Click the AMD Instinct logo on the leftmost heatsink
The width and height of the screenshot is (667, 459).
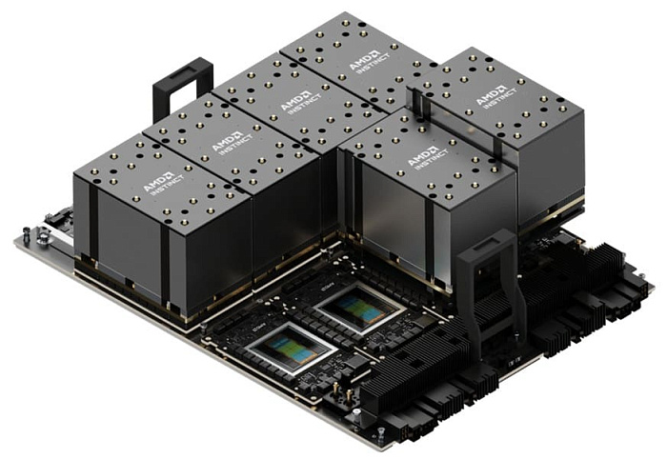(158, 180)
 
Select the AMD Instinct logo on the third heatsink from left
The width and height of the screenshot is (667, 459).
(297, 102)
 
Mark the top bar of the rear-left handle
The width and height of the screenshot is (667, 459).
(182, 66)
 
